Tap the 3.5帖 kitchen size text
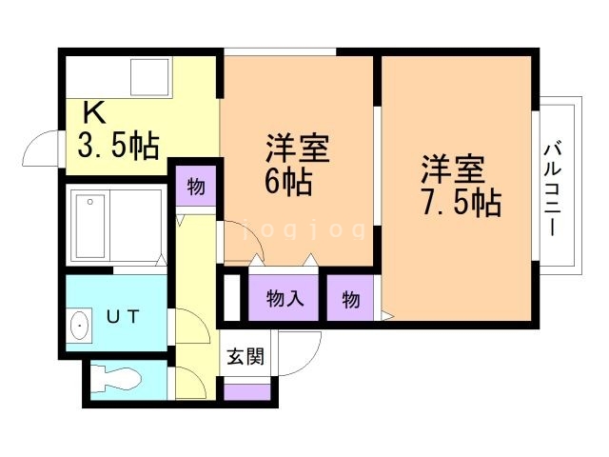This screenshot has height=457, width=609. click(118, 146)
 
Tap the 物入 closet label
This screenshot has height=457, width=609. click(285, 299)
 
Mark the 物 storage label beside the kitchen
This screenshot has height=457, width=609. click(195, 187)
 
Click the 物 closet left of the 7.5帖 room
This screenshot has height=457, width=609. click(351, 299)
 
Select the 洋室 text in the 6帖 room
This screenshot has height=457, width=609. click(297, 149)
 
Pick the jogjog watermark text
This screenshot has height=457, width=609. click(304, 229)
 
